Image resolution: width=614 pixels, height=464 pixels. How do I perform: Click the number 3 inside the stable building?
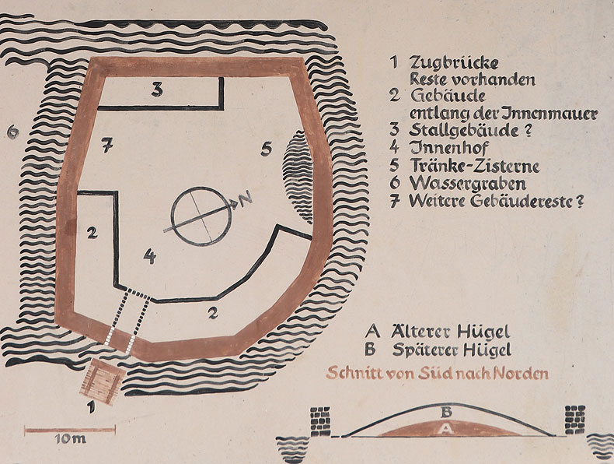157,90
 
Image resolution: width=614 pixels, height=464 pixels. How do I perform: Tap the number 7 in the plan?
107,145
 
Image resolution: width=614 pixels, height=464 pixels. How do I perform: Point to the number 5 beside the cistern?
267,149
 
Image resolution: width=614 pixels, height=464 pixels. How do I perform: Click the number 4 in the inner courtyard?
149,256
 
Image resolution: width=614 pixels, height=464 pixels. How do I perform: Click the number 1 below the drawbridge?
91,406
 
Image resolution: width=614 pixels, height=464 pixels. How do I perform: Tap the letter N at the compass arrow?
246,199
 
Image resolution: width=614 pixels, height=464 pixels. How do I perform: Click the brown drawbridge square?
102,381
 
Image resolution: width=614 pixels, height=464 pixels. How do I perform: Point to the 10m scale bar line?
70,430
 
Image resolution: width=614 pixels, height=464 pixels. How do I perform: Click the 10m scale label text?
70,439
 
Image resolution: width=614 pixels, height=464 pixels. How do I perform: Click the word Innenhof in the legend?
449,147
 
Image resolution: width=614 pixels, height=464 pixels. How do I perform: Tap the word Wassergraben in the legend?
468,184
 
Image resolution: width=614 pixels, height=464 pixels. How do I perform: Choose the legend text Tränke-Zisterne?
475,166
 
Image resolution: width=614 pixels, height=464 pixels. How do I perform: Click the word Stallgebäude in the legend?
464,130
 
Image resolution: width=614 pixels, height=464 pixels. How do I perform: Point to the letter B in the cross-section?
447,412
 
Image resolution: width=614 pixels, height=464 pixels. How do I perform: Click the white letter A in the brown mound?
446,429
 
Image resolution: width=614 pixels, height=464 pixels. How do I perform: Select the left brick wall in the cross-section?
321,422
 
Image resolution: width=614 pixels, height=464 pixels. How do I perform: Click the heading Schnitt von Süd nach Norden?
437,373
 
